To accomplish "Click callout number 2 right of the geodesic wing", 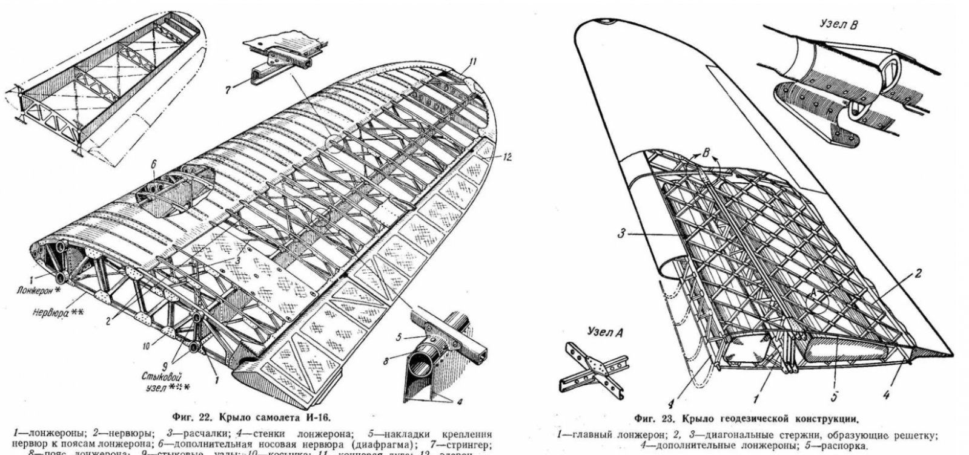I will (918, 273).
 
